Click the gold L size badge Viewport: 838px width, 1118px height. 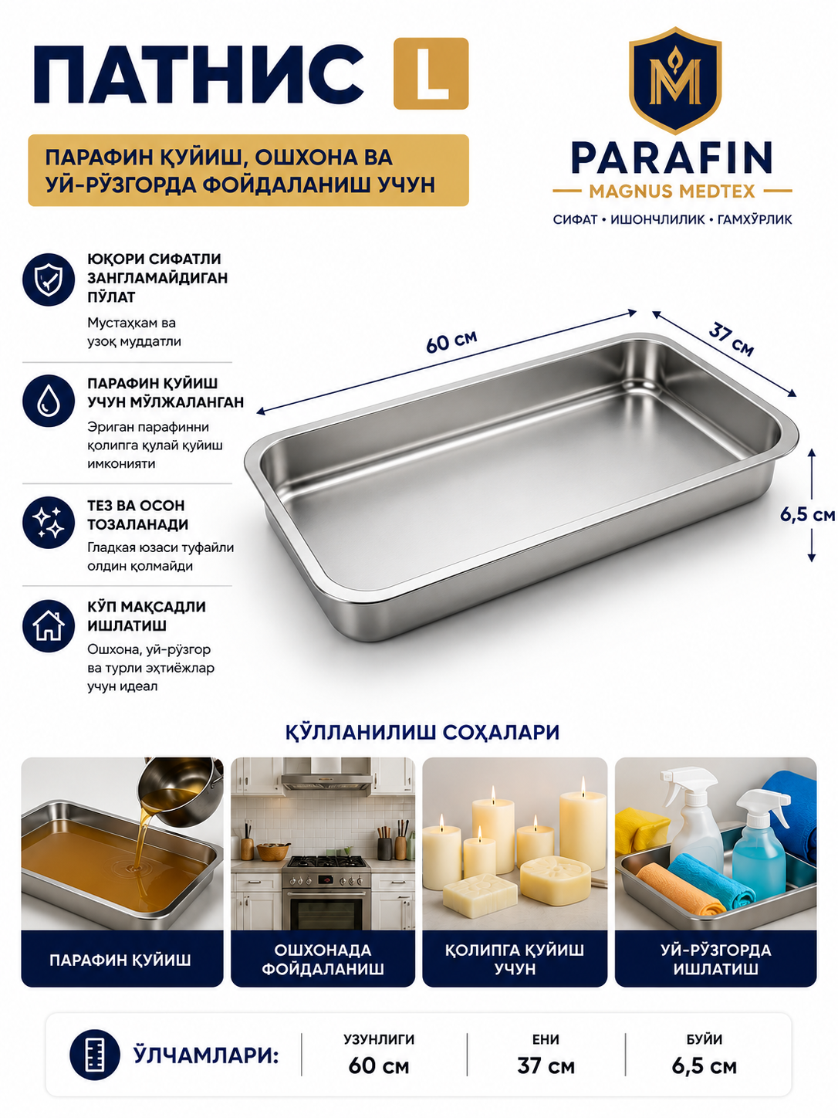(431, 73)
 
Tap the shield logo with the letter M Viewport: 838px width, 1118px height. (674, 80)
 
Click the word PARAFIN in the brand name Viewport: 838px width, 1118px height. (671, 158)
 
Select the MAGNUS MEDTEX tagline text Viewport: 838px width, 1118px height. (671, 191)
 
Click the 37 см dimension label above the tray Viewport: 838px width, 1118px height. (732, 339)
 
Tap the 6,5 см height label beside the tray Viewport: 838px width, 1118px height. (807, 515)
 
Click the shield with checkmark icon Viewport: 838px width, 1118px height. (49, 279)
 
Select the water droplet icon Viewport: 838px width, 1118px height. (49, 401)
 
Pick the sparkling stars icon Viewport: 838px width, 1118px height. (49, 523)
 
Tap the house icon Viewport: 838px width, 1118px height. (49, 626)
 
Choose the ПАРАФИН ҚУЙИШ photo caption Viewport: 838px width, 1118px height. (120, 960)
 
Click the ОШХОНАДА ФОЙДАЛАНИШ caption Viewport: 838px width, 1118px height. (323, 959)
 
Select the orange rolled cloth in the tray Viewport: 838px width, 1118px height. (677, 890)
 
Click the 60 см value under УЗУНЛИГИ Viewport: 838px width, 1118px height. (379, 1066)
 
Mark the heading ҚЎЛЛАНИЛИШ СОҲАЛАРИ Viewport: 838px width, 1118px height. (422, 733)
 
